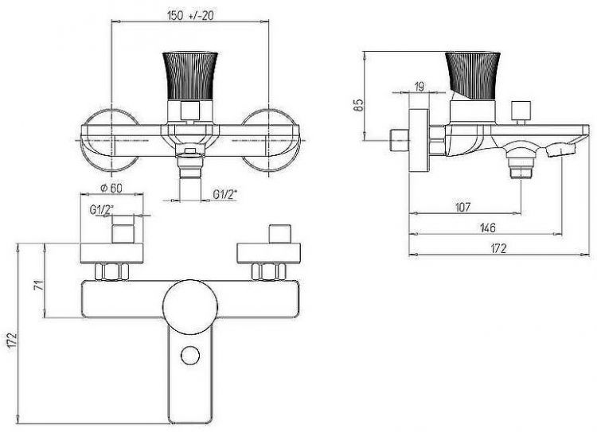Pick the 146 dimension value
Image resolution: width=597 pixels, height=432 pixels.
(x=490, y=228)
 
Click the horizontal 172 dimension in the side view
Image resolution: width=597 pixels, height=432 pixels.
(x=497, y=248)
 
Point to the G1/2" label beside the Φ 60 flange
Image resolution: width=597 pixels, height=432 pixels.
(x=100, y=210)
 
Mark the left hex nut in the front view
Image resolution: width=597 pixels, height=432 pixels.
(x=111, y=271)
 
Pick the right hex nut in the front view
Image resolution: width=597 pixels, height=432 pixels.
(x=268, y=271)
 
